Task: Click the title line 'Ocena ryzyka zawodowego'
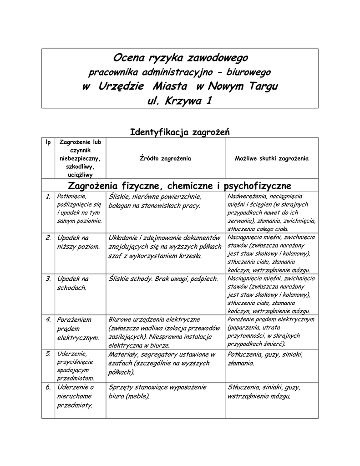click(180, 58)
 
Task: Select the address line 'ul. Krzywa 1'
click(180, 101)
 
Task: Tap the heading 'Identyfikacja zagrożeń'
click(180, 132)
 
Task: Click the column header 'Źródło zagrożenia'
click(165, 159)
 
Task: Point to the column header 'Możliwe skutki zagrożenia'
click(271, 159)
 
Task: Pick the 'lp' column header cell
click(48, 142)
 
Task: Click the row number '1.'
click(48, 197)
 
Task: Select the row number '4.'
click(48, 319)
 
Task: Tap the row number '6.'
click(48, 387)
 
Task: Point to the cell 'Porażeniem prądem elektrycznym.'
click(78, 329)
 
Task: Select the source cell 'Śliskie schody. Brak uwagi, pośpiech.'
click(163, 279)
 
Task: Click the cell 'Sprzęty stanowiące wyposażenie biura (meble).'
click(157, 391)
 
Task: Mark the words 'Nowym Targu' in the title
click(243, 86)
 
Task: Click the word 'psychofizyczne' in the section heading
click(258, 186)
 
